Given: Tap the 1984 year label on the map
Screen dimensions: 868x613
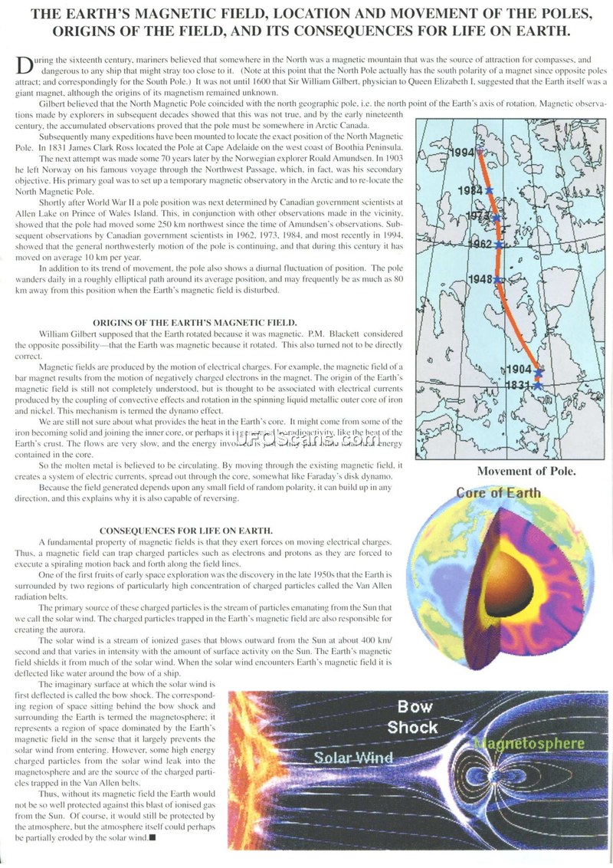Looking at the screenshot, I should (x=470, y=189).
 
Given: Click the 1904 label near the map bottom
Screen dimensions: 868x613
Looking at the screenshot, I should (x=520, y=370).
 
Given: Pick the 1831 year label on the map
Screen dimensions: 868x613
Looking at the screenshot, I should (x=520, y=385).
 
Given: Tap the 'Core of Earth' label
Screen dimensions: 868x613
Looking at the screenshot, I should (x=499, y=492).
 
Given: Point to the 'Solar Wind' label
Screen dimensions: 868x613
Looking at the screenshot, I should (x=353, y=757).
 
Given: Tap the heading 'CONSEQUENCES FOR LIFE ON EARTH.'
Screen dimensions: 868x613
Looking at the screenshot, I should (x=195, y=530).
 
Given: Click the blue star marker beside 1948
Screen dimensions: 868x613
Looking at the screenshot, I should (x=497, y=281).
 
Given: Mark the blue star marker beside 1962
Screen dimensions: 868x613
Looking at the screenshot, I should (x=498, y=245).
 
